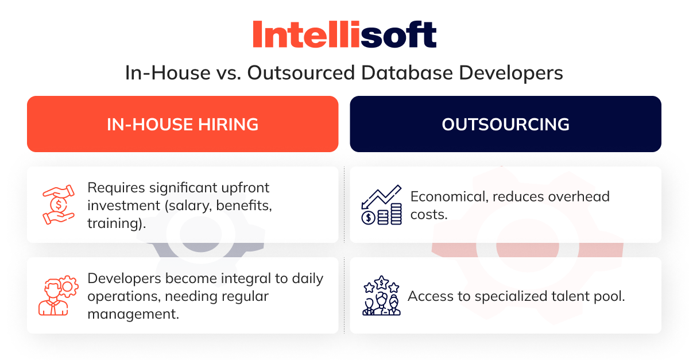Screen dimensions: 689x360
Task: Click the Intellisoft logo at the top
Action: coord(344,34)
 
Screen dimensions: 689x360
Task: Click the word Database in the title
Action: coord(407,73)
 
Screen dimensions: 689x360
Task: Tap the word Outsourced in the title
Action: coord(301,73)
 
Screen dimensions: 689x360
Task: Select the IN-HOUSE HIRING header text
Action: coord(183,125)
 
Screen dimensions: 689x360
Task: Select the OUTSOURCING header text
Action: coord(505,125)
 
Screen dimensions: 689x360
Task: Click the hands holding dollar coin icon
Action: coord(59,204)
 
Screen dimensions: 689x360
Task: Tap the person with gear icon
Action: coord(59,295)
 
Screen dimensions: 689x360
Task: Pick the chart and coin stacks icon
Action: coord(381,204)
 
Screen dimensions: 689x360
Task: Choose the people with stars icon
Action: coord(381,295)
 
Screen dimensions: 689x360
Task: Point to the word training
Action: coord(115,223)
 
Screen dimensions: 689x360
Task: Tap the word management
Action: coord(133,315)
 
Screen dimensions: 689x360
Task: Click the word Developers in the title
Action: coord(511,73)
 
